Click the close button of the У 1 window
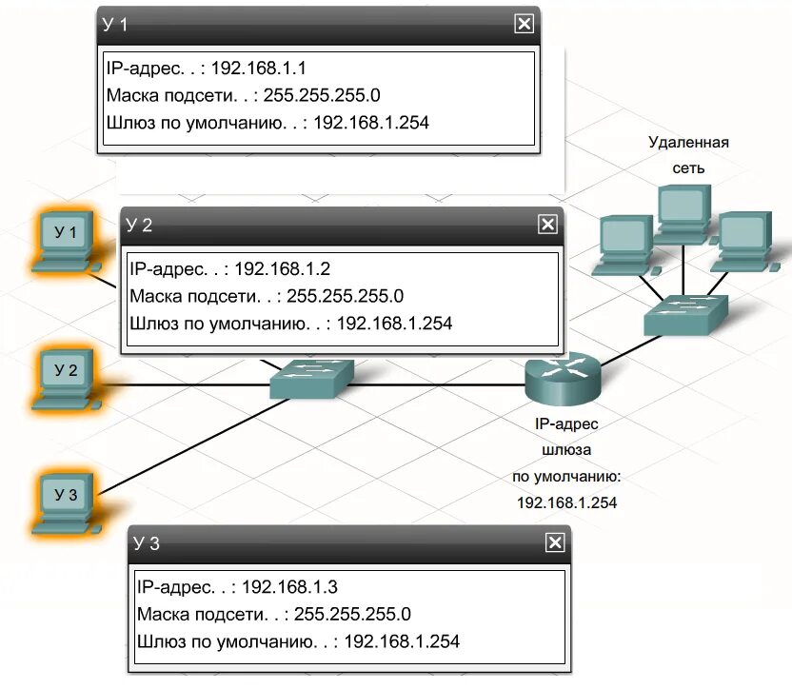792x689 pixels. [524, 25]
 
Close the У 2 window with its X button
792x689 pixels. [547, 224]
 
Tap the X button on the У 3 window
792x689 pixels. [554, 542]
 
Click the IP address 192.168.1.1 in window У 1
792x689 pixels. [259, 69]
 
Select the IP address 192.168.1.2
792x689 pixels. [283, 268]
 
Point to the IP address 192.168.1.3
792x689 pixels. [290, 586]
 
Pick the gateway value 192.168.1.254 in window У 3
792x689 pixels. [402, 641]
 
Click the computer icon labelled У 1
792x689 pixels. [66, 238]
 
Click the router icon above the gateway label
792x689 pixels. [564, 376]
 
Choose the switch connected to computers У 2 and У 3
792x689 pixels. [311, 379]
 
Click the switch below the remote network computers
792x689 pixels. [684, 313]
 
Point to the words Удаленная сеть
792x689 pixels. [688, 155]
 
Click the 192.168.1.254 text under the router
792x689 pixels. [566, 502]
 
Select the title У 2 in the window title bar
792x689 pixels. [139, 225]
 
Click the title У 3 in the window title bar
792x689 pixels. [147, 543]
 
